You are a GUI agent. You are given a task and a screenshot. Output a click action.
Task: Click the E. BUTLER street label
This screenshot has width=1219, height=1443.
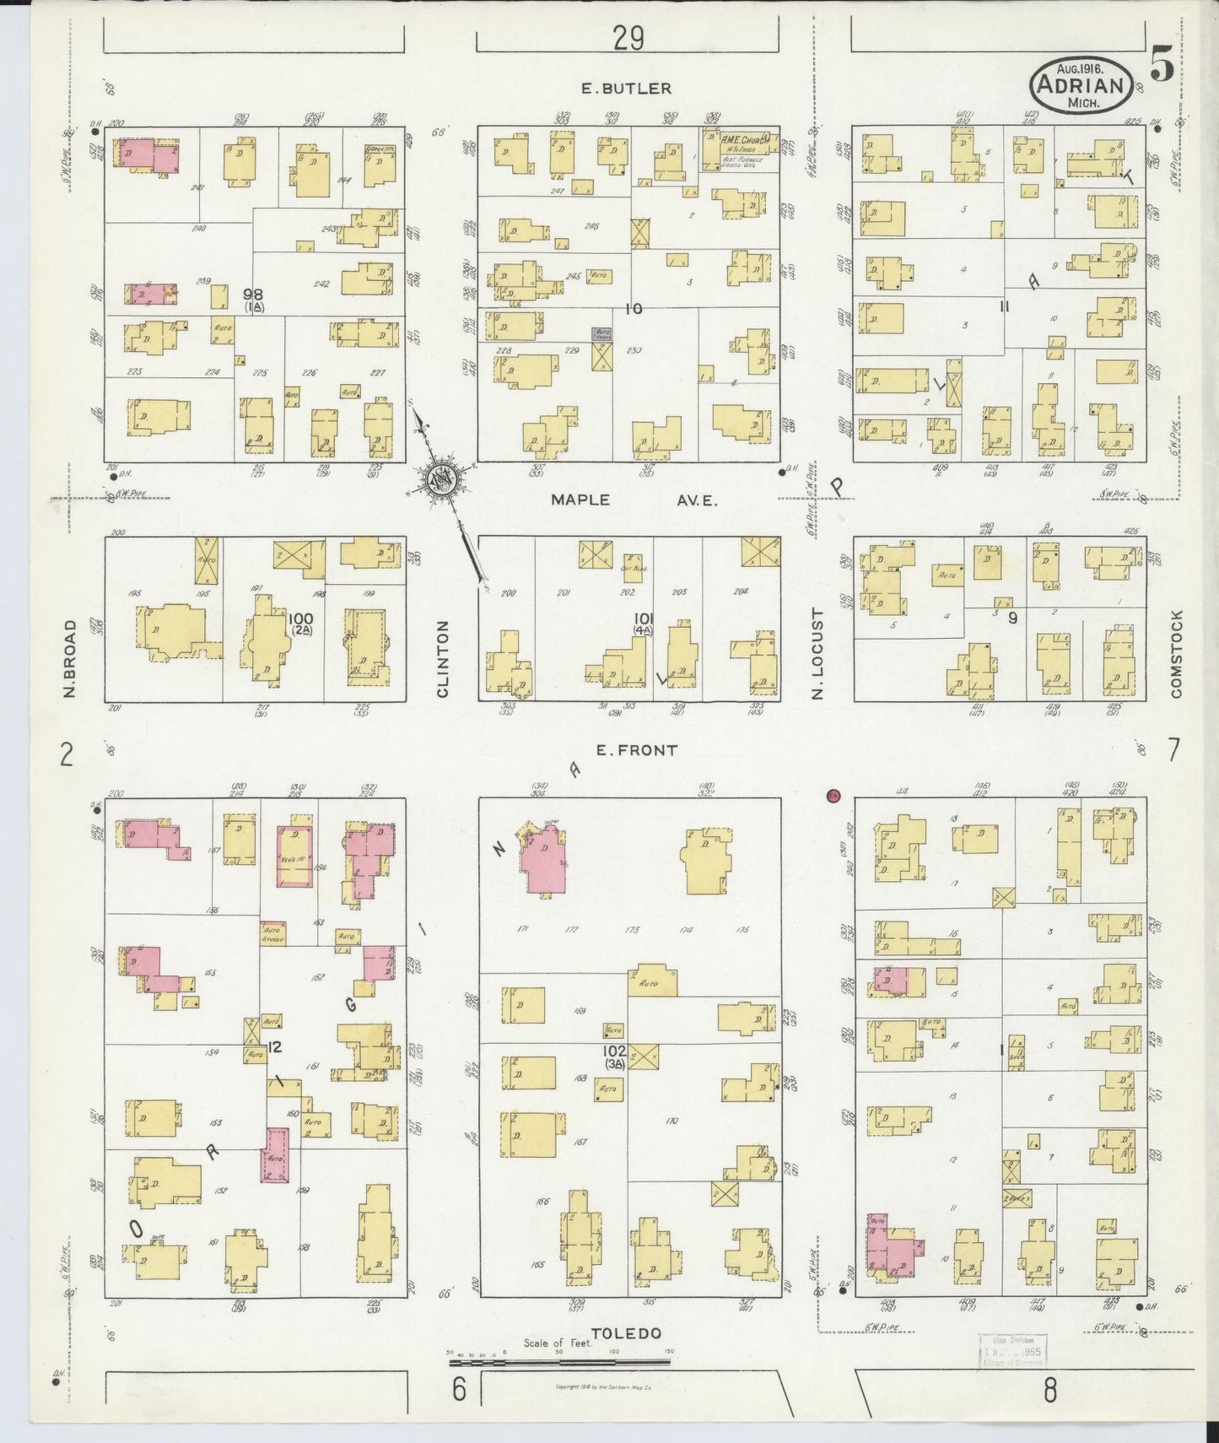[626, 88]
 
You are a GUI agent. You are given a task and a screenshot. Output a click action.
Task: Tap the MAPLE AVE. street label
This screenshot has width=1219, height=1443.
[634, 500]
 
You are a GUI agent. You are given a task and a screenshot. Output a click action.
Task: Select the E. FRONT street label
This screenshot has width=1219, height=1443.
[636, 749]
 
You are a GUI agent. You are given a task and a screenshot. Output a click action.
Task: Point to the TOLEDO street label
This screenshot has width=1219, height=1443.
[625, 1334]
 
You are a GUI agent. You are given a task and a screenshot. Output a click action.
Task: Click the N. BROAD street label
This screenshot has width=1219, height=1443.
[70, 659]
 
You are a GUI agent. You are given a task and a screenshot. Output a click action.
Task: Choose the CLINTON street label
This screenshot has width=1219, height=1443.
[443, 659]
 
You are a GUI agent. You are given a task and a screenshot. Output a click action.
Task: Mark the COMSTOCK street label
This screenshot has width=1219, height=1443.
[1176, 654]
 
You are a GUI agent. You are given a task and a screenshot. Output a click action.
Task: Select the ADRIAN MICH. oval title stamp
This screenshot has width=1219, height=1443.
[1081, 85]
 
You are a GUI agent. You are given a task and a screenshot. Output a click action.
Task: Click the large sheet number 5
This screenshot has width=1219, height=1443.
[1162, 67]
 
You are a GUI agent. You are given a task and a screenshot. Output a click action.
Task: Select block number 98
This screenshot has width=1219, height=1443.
[252, 295]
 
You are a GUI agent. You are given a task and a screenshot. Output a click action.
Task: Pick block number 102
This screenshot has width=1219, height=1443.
[614, 1051]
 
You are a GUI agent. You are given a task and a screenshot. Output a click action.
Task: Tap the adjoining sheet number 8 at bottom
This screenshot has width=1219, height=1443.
[1049, 1390]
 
